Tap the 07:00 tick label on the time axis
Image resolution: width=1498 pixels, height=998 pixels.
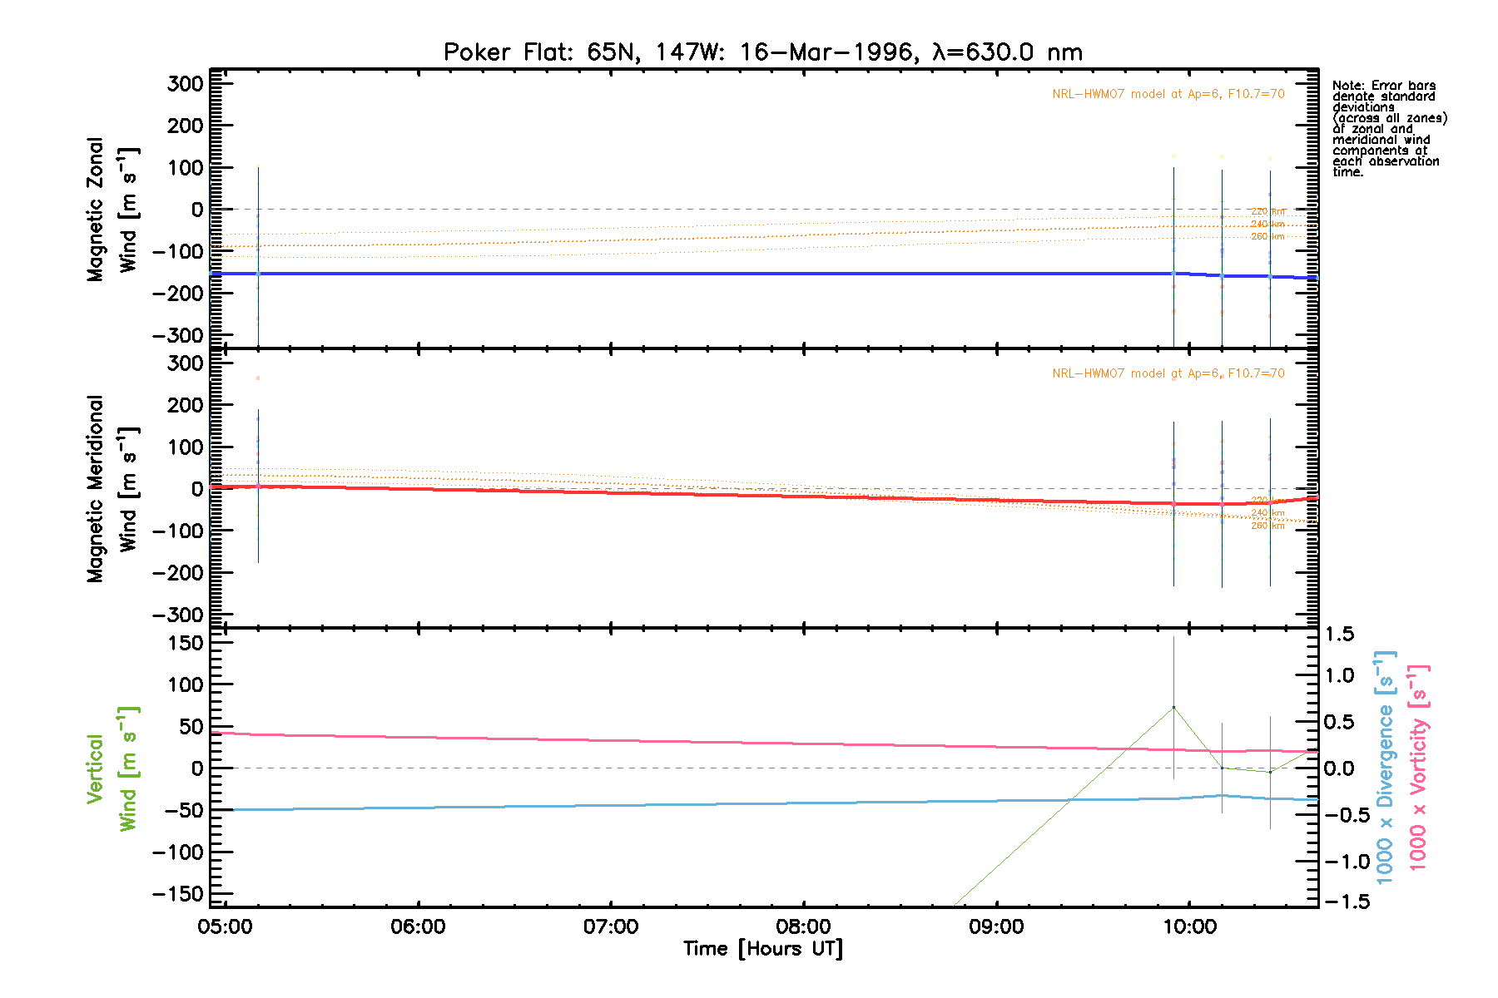coord(611,926)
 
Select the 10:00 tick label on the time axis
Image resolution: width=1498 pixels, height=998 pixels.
coord(1189,926)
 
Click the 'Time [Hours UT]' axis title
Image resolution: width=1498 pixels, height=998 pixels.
coord(762,949)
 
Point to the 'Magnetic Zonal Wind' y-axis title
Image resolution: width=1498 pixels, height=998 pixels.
coord(112,210)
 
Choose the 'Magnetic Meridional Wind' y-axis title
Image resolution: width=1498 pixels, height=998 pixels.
coord(112,489)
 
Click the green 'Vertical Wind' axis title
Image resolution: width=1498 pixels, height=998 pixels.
coord(112,769)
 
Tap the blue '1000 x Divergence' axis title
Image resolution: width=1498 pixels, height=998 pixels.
coord(1385,767)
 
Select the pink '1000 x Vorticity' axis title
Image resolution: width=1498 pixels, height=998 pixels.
coord(1418,767)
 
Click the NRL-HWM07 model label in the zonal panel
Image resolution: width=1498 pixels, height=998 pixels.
coord(1168,94)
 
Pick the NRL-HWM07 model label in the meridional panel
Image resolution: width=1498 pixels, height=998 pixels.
coord(1168,373)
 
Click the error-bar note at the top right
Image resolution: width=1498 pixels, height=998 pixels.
coord(1388,129)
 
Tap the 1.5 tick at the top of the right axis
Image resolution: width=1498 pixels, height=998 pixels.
coord(1339,635)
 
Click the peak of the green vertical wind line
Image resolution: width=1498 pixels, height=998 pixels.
coord(1173,708)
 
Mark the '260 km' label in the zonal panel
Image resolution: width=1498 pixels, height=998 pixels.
coord(1267,237)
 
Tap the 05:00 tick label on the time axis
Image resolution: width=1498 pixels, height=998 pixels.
coord(225,926)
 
